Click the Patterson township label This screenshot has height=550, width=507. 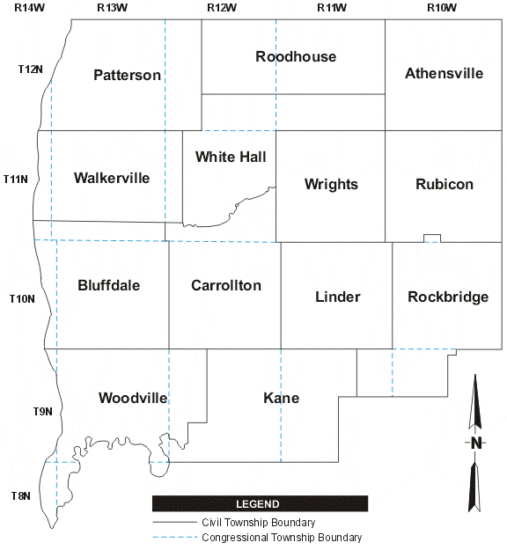tap(127, 75)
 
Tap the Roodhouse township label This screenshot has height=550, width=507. tap(296, 57)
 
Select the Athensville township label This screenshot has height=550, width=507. tap(444, 73)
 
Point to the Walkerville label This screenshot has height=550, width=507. tap(112, 178)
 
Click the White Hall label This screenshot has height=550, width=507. tap(231, 158)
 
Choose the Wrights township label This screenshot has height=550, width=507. tap(331, 184)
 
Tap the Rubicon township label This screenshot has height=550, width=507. tap(444, 184)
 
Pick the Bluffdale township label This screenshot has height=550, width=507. tap(108, 285)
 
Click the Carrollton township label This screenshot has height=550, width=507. tap(226, 285)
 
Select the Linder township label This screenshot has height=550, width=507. tap(337, 297)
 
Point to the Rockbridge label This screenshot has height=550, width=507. tap(448, 297)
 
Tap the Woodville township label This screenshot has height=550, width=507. tap(133, 398)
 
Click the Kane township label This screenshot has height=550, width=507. tap(281, 398)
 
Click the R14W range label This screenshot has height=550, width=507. tap(29, 7)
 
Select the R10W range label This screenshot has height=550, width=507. tap(441, 7)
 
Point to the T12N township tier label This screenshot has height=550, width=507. tap(30, 69)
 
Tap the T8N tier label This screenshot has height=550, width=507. tap(19, 495)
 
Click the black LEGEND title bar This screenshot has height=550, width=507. tap(260, 504)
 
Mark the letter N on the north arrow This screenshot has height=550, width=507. tap(475, 443)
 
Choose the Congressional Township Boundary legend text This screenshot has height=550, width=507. tap(282, 538)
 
